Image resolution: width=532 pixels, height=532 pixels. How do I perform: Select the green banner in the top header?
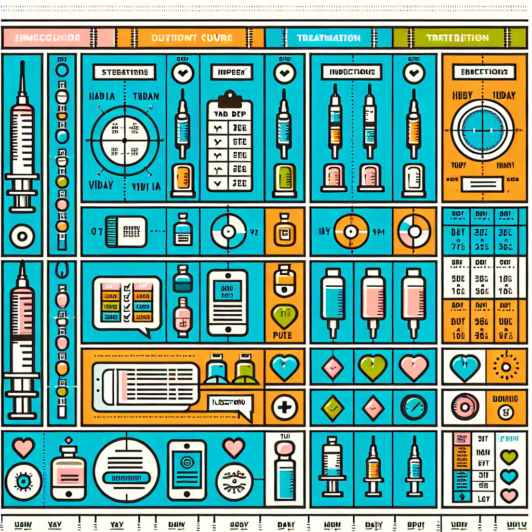(457, 38)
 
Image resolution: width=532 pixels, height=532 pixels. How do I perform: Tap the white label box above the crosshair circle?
(124, 72)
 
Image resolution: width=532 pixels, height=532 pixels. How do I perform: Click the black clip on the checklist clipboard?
(229, 99)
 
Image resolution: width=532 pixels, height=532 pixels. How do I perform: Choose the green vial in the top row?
(284, 177)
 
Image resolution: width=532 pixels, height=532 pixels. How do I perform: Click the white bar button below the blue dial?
(482, 184)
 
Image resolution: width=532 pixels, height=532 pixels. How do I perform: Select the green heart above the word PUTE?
(284, 315)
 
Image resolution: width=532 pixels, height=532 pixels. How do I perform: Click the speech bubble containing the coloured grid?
(126, 303)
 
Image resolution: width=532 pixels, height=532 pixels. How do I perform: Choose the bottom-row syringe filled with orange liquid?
(373, 465)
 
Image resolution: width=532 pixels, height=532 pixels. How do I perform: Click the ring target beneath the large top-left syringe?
(22, 236)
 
